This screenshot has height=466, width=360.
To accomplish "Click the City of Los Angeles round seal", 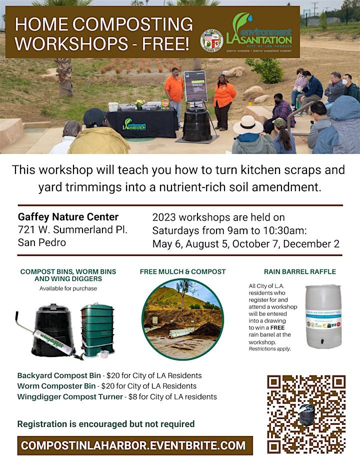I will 211,40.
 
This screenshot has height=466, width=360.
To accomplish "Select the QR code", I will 306,413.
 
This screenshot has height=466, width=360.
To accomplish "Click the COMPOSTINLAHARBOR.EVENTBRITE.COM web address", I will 134,445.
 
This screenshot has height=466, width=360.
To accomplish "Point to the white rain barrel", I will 322,316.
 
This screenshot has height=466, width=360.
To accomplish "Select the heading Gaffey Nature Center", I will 68,217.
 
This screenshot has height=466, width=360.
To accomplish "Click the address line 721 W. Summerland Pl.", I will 73,230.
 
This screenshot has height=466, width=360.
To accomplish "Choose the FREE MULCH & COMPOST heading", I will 182,271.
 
